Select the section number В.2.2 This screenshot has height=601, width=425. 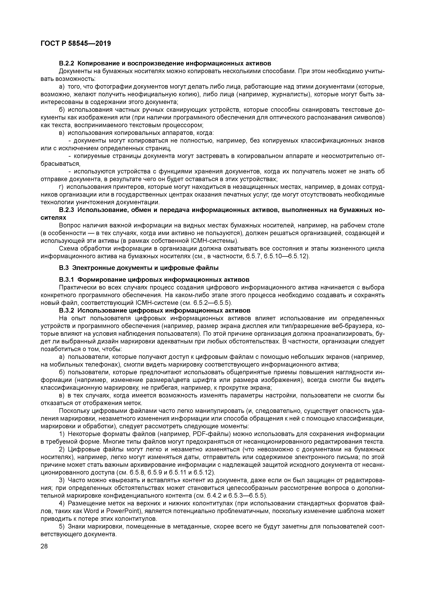(67, 64)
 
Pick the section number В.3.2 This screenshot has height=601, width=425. (67, 311)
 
